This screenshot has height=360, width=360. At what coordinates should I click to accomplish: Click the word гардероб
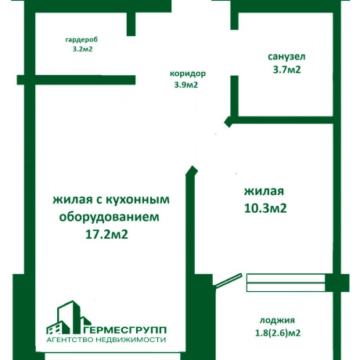click(81, 40)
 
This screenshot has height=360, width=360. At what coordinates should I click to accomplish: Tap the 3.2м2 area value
click(82, 49)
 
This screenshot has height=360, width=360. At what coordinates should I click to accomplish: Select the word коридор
click(188, 74)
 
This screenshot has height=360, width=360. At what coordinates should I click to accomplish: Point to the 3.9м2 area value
click(186, 85)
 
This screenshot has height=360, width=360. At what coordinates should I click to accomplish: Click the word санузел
click(286, 56)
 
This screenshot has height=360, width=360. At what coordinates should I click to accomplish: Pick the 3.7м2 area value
click(286, 70)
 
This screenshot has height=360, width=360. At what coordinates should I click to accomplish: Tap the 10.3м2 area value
click(265, 208)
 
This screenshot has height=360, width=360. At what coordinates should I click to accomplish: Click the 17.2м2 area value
click(106, 234)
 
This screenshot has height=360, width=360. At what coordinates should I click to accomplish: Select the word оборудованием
click(110, 218)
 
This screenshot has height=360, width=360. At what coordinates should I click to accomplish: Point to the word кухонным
click(138, 200)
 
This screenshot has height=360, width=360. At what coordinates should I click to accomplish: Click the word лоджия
click(277, 320)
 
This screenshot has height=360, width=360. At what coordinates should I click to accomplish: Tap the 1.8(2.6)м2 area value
click(278, 333)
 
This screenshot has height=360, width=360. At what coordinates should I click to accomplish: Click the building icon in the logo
click(68, 317)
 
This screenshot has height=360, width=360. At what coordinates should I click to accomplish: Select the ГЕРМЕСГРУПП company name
click(125, 330)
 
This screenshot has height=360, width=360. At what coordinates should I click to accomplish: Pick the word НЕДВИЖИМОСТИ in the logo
click(131, 340)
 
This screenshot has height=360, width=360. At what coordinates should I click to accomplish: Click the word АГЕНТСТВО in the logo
click(70, 340)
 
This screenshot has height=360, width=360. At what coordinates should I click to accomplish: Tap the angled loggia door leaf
click(228, 281)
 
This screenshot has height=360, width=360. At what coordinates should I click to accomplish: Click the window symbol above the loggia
click(286, 283)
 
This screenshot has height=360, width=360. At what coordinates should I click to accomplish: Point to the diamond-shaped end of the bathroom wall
click(229, 122)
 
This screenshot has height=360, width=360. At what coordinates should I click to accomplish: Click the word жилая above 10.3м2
click(264, 191)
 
